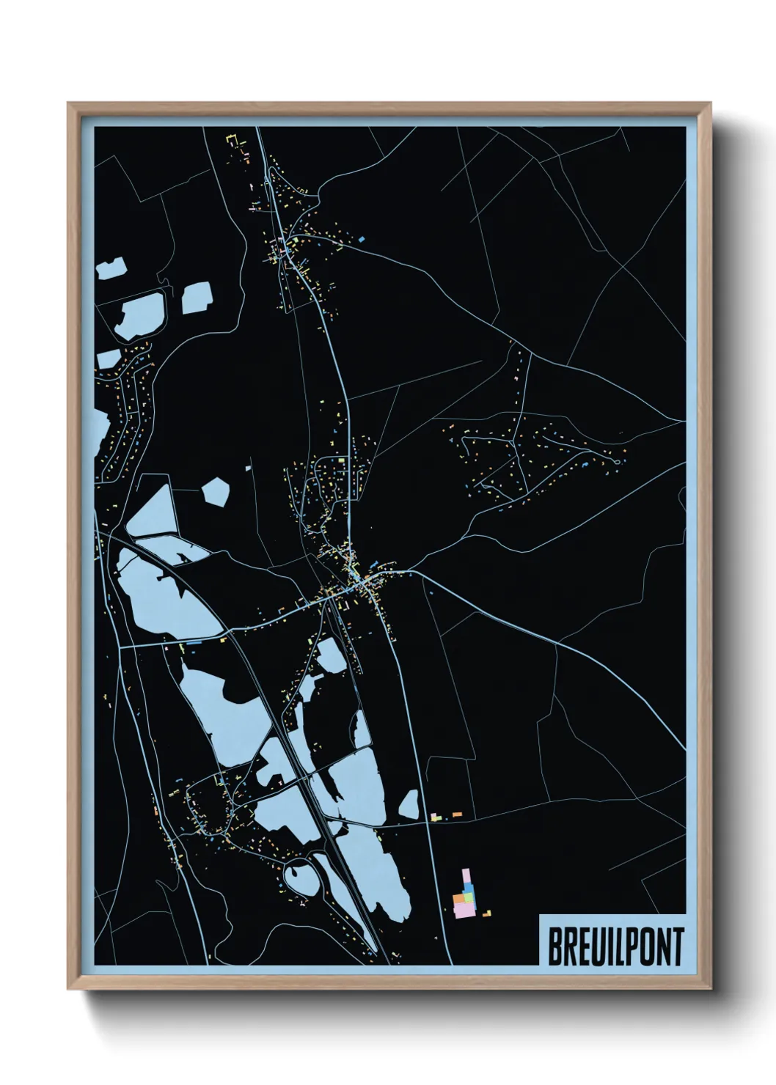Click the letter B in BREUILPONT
555,946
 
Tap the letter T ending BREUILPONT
677,946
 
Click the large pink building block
464,910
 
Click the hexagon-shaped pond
215,490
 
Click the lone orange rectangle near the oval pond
457,814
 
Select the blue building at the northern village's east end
362,238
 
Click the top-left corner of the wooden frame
68,103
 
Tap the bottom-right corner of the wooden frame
710,989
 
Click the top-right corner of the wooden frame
710,103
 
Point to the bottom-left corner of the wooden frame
68,989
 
